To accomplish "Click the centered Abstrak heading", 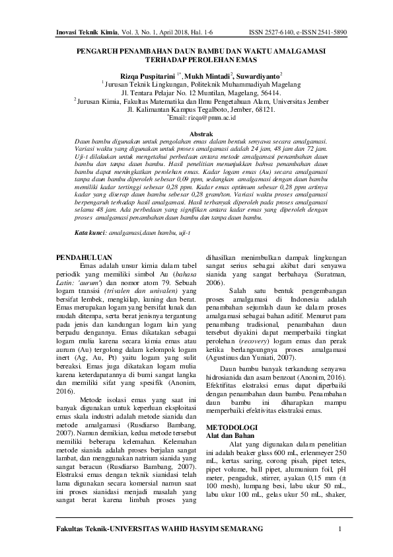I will pos(196,134).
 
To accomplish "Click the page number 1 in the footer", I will pos(339,529).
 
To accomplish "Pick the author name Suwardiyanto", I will pos(258,76).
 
